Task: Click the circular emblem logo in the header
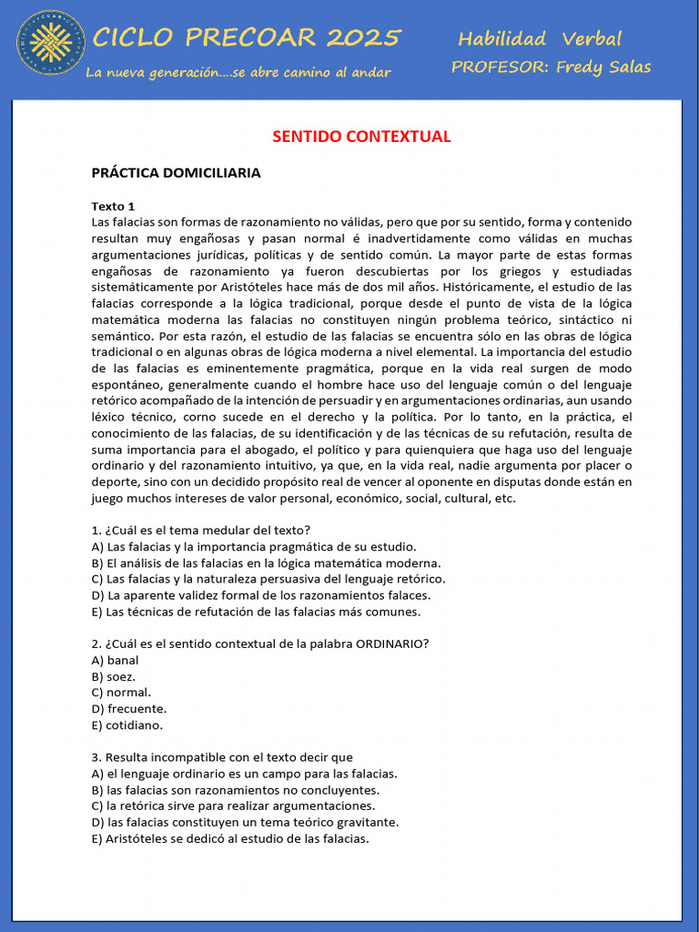[51, 42]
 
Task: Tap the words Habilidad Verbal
[539, 38]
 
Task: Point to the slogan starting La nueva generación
[238, 73]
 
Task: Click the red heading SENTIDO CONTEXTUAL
[361, 137]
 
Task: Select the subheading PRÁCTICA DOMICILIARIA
[176, 173]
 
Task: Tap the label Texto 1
[113, 207]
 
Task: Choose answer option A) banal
[116, 660]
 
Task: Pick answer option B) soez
[114, 676]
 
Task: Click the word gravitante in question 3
[367, 823]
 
